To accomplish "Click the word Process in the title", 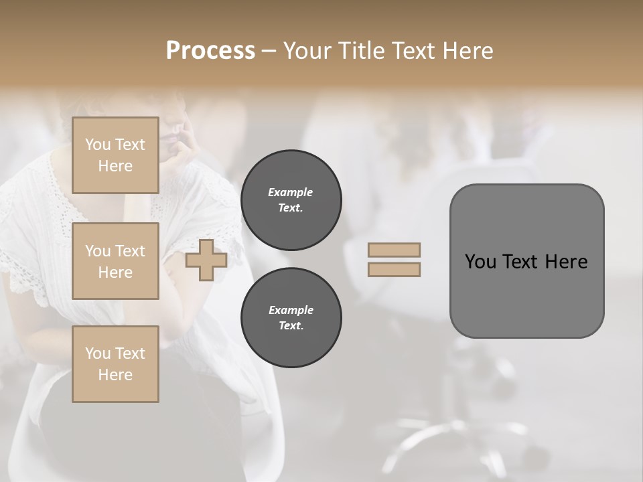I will pos(210,51).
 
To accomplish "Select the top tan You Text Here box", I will pos(115,155).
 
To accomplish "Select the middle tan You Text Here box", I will pos(115,261).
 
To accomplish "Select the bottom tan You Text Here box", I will pos(115,364).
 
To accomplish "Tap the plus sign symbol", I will pos(206,260).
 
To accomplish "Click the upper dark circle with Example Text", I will pos(291,200).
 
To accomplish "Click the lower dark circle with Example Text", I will pos(291,318).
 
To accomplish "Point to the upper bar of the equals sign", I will pos(394,250).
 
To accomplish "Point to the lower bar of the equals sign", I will pos(394,270).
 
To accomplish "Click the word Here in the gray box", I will pos(567,262).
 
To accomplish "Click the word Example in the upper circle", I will pos(291,192).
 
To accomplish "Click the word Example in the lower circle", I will pos(291,310).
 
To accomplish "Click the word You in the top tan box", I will pos(98,145).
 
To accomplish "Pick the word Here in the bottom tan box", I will pos(115,375).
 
